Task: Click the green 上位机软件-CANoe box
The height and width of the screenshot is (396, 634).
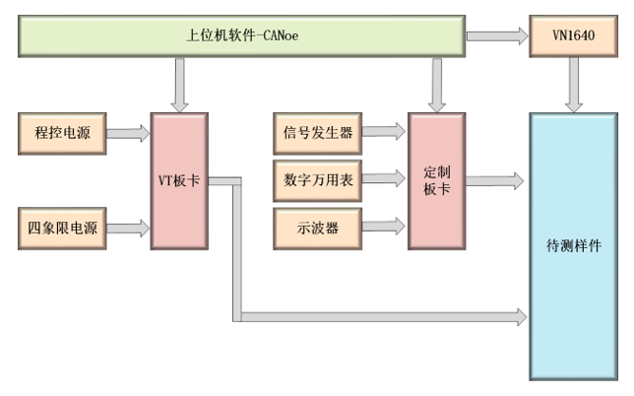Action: [242, 36]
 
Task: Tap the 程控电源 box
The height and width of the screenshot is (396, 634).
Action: [61, 133]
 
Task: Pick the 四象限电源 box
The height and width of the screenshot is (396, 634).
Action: [61, 228]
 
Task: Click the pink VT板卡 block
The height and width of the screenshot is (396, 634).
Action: [178, 181]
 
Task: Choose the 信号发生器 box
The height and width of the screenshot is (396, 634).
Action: [316, 131]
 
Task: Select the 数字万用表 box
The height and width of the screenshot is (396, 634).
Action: [316, 178]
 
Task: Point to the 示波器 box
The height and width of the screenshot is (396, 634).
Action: [316, 226]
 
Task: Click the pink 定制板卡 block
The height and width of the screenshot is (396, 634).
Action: [436, 181]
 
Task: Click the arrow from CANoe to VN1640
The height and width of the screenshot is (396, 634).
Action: [497, 36]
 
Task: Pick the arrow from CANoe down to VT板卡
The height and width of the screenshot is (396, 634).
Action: [178, 83]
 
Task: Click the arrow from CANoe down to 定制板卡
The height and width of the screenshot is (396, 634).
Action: [436, 83]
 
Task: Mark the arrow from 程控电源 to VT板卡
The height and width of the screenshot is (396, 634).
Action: [127, 133]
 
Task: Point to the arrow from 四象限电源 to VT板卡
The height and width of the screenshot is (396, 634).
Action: [127, 228]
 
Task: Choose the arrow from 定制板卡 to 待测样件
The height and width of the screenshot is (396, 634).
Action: [496, 180]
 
